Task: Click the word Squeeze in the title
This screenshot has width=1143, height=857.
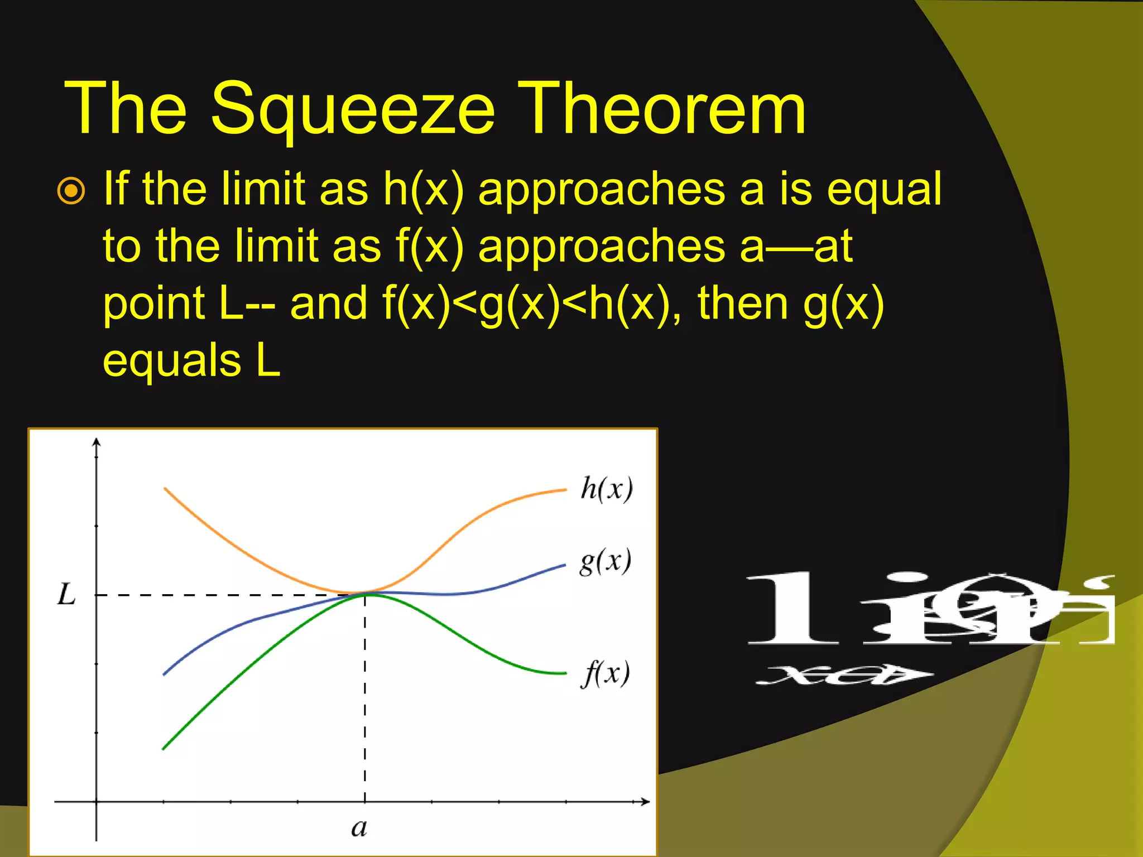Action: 353,109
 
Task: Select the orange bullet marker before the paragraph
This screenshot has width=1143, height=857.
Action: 71,191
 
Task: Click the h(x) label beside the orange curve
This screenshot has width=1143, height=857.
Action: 607,489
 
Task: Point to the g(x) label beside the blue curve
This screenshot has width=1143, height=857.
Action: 606,561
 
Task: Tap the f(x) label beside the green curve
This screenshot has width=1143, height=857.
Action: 606,673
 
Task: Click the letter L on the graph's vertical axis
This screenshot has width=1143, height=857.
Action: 67,594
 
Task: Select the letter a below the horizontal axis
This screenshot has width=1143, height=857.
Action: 359,828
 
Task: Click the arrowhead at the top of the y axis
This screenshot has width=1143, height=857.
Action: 97,442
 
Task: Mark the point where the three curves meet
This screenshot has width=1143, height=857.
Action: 364,593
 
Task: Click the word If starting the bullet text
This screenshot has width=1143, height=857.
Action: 116,189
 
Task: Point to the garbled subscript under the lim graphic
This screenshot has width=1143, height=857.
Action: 843,675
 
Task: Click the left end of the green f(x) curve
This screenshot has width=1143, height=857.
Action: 164,748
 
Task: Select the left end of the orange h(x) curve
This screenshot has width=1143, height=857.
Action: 165,489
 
